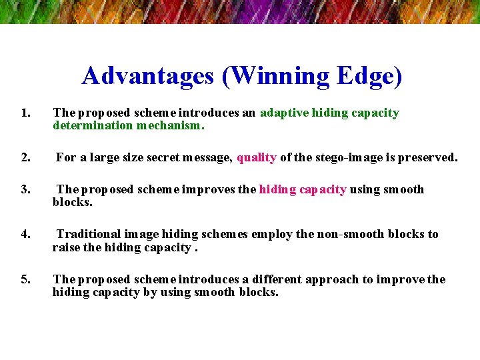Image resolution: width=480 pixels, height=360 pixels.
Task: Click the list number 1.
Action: pyautogui.click(x=25, y=113)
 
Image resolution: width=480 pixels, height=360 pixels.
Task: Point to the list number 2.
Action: pyautogui.click(x=25, y=158)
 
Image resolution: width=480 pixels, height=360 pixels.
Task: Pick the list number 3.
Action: pyautogui.click(x=25, y=189)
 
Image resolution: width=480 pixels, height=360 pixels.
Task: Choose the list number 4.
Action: pyautogui.click(x=25, y=234)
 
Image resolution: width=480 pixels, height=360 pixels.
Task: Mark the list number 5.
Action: pyautogui.click(x=25, y=279)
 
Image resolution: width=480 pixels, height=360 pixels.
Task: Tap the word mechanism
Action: pyautogui.click(x=171, y=125)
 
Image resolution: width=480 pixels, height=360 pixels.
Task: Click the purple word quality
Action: pyautogui.click(x=257, y=158)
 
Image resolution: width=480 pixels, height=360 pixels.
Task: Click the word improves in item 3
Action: pyautogui.click(x=213, y=189)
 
